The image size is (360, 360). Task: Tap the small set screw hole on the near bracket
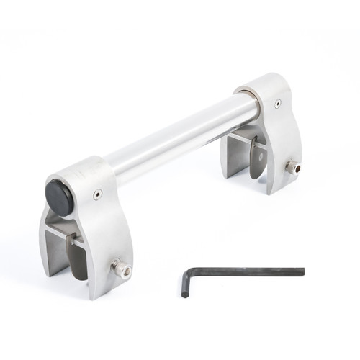pyautogui.click(x=98, y=193)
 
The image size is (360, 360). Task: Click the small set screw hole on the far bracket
pyautogui.click(x=276, y=103)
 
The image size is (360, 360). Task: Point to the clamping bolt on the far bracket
pyautogui.click(x=293, y=167)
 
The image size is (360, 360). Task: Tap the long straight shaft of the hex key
pyautogui.click(x=245, y=271)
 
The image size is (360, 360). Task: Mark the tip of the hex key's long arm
pyautogui.click(x=302, y=271)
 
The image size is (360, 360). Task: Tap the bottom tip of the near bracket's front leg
pyautogui.click(x=94, y=292)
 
